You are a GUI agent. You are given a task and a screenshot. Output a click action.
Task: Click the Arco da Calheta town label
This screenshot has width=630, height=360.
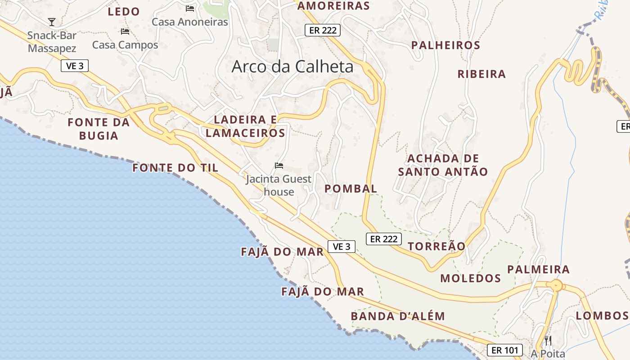click(x=292, y=67)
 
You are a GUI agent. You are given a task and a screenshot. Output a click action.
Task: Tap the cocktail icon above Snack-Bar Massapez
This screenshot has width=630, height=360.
click(x=52, y=22)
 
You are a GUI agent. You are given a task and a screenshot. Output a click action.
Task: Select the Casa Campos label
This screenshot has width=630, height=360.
click(x=125, y=45)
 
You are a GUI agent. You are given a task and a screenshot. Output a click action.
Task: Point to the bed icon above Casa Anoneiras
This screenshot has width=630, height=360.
click(x=190, y=8)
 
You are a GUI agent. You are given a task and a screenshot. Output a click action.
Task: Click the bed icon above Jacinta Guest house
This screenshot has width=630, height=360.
click(x=279, y=166)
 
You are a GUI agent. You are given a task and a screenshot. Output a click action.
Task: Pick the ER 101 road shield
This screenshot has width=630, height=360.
click(x=504, y=350)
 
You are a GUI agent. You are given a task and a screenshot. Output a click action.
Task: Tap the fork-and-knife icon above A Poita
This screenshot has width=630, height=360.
click(x=548, y=340)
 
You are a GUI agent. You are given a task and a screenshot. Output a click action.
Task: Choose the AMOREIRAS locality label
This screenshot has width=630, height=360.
click(x=333, y=6)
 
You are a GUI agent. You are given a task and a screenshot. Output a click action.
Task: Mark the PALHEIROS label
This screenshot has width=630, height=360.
click(x=445, y=45)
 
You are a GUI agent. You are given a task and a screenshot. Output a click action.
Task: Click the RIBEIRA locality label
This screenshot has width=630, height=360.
click(x=481, y=74)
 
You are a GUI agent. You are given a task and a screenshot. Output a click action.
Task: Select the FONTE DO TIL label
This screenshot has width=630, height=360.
click(x=175, y=168)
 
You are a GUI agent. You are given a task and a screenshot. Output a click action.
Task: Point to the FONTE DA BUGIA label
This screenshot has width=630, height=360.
click(x=99, y=129)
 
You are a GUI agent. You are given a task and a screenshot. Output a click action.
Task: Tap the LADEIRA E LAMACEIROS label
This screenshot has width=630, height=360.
click(x=246, y=126)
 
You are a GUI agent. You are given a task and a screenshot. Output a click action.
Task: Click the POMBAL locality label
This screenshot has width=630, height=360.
click(x=351, y=189)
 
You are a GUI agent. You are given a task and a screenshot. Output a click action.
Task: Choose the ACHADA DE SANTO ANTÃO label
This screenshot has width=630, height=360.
click(x=443, y=165)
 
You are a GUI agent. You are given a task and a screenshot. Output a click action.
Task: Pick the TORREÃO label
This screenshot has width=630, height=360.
click(x=436, y=246)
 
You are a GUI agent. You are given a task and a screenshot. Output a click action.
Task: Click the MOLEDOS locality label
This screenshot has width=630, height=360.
click(x=470, y=278)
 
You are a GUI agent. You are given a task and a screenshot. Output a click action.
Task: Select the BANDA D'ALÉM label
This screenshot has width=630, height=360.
click(x=398, y=316)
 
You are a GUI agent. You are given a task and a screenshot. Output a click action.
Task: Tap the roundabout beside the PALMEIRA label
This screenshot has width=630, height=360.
click(x=557, y=285)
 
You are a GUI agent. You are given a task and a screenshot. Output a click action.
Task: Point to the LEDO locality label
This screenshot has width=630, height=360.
click(x=124, y=12)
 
